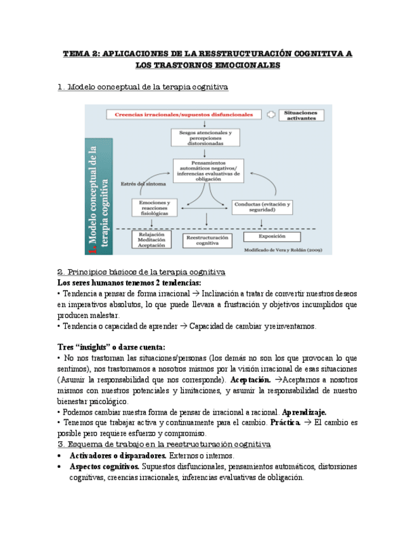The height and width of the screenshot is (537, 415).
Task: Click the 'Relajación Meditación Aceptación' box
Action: pos(151,239)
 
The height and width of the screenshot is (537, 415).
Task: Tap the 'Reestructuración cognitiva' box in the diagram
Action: pos(207,240)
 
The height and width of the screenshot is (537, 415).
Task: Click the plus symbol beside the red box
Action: pos(271,115)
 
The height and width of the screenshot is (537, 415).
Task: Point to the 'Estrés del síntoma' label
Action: pos(143,184)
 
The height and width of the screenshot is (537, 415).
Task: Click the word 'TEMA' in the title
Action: pos(77,54)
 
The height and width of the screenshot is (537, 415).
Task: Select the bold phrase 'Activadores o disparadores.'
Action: pos(118,456)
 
